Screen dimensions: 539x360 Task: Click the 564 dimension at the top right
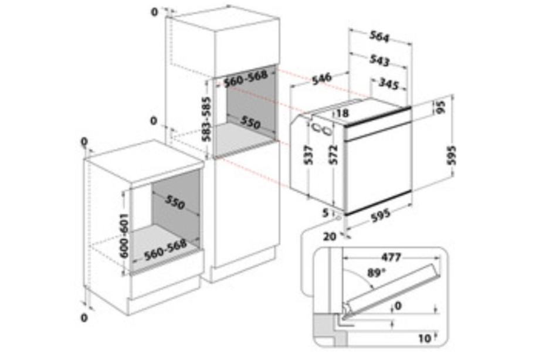pyautogui.click(x=379, y=36)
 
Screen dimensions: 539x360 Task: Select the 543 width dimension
pyautogui.click(x=380, y=60)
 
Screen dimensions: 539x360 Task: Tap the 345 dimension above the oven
pyautogui.click(x=388, y=83)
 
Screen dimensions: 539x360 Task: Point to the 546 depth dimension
pyautogui.click(x=322, y=79)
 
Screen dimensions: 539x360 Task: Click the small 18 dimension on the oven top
pyautogui.click(x=343, y=113)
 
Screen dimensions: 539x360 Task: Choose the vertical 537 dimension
pyautogui.click(x=309, y=155)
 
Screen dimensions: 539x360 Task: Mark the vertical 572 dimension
pyautogui.click(x=334, y=155)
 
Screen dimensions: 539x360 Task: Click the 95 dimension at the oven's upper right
pyautogui.click(x=440, y=107)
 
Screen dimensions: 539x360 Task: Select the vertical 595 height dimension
pyautogui.click(x=452, y=155)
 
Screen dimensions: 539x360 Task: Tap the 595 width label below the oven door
pyautogui.click(x=381, y=215)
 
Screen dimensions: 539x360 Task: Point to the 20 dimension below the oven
pyautogui.click(x=330, y=236)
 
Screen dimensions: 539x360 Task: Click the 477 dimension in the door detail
pyautogui.click(x=391, y=257)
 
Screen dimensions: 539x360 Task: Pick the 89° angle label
pyautogui.click(x=377, y=273)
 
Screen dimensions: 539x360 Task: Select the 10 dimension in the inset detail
pyautogui.click(x=425, y=339)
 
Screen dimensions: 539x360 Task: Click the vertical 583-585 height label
pyautogui.click(x=206, y=119)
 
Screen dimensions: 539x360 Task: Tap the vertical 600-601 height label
pyautogui.click(x=124, y=236)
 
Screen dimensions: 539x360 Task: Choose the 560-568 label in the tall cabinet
pyautogui.click(x=245, y=79)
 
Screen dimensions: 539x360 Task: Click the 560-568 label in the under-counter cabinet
pyautogui.click(x=165, y=250)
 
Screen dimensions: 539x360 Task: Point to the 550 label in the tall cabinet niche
pyautogui.click(x=250, y=123)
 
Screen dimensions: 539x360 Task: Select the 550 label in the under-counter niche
pyautogui.click(x=175, y=202)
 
